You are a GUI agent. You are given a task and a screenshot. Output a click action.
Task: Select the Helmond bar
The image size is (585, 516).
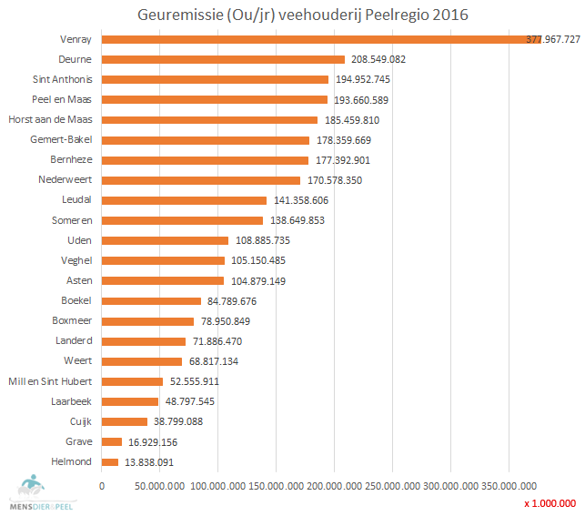click(x=109, y=462)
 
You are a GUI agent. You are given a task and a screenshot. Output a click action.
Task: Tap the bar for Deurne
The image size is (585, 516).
click(x=223, y=59)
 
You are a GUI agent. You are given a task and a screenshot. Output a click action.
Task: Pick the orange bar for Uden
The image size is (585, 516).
click(x=165, y=240)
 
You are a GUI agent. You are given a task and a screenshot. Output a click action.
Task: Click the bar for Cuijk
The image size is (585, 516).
click(x=124, y=421)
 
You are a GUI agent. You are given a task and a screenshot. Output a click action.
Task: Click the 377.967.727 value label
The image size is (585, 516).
click(x=553, y=40)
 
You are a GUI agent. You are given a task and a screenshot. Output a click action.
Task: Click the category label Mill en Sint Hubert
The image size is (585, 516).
click(x=50, y=381)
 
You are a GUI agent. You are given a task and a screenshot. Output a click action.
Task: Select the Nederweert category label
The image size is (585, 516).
click(x=66, y=180)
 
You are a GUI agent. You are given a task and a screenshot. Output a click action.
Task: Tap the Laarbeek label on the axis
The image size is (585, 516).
click(x=73, y=401)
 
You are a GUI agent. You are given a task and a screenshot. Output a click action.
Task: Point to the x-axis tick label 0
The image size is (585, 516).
click(x=102, y=487)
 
